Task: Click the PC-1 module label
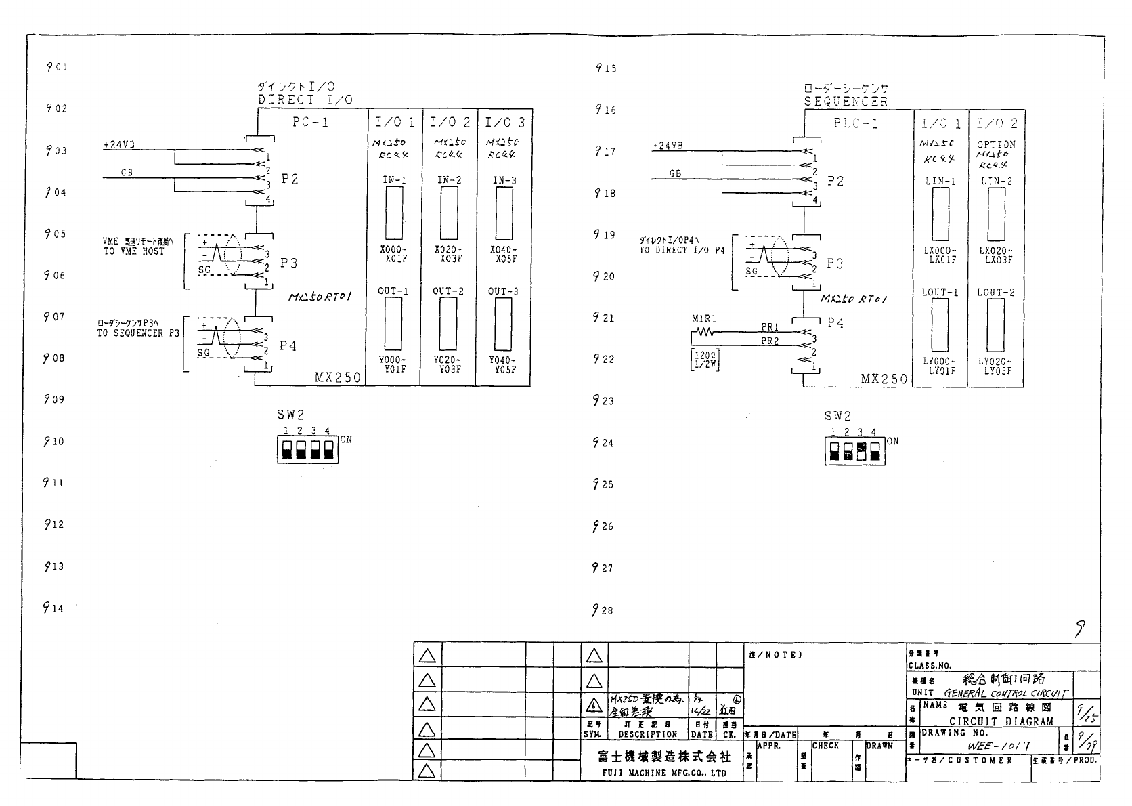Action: click(x=310, y=123)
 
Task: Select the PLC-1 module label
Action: click(x=856, y=123)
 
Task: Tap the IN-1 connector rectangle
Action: click(x=393, y=212)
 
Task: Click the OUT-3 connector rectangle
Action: click(x=503, y=323)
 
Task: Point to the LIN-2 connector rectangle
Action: click(x=995, y=214)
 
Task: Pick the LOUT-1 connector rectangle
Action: click(x=940, y=324)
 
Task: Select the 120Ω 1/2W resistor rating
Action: click(x=704, y=358)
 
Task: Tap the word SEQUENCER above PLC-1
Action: click(x=846, y=102)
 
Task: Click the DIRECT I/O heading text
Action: click(x=305, y=100)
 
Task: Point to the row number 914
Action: click(x=54, y=608)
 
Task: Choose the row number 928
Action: click(x=603, y=610)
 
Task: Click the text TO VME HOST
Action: click(x=134, y=251)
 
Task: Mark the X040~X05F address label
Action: click(x=503, y=254)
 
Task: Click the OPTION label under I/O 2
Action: click(x=996, y=144)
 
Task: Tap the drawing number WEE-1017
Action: click(x=999, y=746)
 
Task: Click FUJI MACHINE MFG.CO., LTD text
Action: click(x=663, y=773)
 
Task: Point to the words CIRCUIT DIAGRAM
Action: click(x=1001, y=721)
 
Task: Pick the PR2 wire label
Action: click(x=770, y=341)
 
